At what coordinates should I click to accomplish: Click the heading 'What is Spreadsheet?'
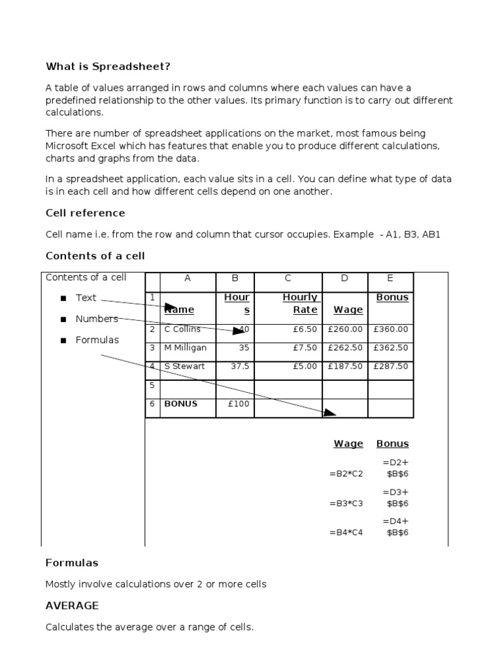tap(112, 67)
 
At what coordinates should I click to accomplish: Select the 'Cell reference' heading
tap(85, 213)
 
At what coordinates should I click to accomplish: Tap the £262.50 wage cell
tap(345, 348)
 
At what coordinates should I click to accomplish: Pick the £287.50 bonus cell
tap(390, 367)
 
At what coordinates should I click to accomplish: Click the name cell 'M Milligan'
tap(186, 348)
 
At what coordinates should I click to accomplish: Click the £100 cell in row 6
tap(239, 404)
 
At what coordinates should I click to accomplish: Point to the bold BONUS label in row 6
tap(180, 404)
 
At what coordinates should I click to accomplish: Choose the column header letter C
tap(288, 278)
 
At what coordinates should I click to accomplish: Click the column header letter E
tap(390, 278)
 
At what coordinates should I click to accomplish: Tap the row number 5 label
tap(152, 385)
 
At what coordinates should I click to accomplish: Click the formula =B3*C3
tap(346, 504)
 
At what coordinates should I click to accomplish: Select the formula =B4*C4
tap(346, 532)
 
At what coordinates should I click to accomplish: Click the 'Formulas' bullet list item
tap(97, 340)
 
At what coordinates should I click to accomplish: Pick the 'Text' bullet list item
tap(86, 298)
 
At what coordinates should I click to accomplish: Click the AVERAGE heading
tap(72, 606)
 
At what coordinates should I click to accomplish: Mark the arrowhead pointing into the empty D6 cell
tap(329, 412)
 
